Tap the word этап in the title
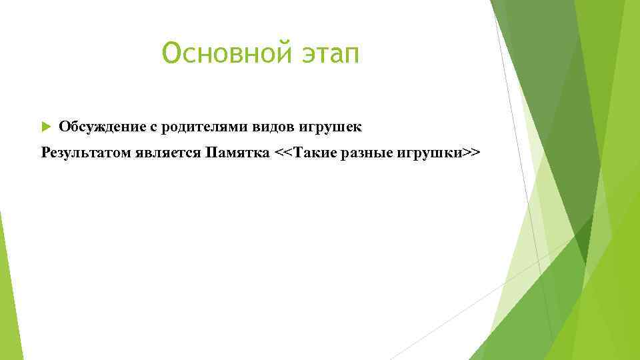coord(327,53)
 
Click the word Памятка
coord(238,153)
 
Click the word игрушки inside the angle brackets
coord(430,153)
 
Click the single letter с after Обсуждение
coord(161,127)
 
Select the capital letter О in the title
coord(171,53)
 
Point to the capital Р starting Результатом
coord(46,153)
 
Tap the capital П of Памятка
coord(212,153)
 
